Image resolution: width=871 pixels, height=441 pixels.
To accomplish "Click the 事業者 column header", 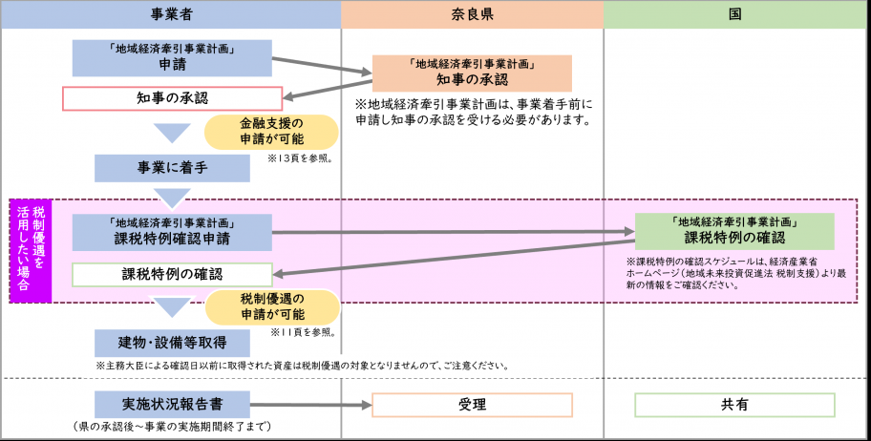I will click(x=171, y=15).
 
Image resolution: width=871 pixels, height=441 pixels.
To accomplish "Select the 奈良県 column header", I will click(x=472, y=15).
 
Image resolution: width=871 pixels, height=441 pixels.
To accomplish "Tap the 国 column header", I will click(x=736, y=15).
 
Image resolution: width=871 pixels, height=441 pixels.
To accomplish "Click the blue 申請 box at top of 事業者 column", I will click(x=172, y=58).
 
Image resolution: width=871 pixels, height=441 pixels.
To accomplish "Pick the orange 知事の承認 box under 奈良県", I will click(x=471, y=73).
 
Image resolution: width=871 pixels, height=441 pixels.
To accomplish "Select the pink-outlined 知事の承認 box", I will click(x=172, y=98).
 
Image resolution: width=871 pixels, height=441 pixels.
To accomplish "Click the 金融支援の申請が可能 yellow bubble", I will click(x=272, y=133).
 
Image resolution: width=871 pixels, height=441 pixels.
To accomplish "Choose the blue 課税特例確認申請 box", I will click(x=172, y=232).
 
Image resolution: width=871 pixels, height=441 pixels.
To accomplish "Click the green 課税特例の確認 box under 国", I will click(x=733, y=231).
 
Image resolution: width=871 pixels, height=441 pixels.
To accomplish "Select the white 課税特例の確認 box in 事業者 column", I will click(x=172, y=274).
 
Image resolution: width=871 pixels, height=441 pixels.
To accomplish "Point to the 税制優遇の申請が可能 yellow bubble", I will click(x=272, y=307).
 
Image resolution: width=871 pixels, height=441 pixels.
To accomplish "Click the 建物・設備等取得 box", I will click(x=172, y=343).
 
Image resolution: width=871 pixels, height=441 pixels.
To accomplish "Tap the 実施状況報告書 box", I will click(x=172, y=404).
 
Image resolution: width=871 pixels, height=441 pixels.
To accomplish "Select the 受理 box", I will click(x=471, y=405).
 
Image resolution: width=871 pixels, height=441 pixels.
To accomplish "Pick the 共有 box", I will click(x=733, y=405).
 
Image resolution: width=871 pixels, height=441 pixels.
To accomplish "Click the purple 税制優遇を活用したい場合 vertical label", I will click(x=31, y=252).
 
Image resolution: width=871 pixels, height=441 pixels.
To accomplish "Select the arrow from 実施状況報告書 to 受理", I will click(x=310, y=405).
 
